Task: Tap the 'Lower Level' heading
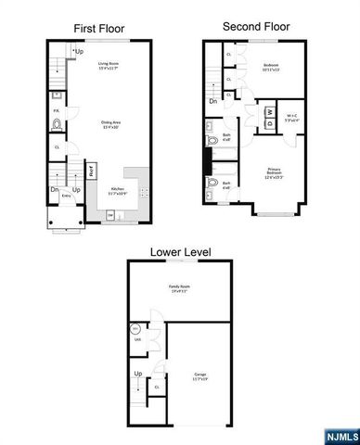(x=181, y=250)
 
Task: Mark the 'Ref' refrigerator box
(x=91, y=171)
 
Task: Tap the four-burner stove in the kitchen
(x=143, y=193)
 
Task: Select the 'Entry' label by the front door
(x=66, y=197)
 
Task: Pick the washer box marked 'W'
(x=270, y=113)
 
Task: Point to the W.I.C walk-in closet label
(x=291, y=117)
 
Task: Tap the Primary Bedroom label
(x=274, y=174)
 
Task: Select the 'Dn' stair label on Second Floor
(x=213, y=100)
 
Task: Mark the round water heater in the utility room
(x=135, y=329)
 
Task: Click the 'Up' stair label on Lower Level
(x=138, y=373)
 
